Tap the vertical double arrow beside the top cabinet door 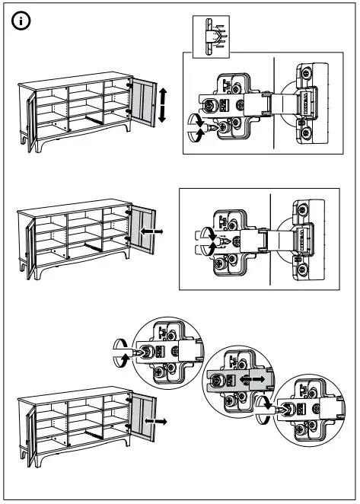(161, 105)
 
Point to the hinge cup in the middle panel (299, 235)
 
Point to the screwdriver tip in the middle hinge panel (220, 241)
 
